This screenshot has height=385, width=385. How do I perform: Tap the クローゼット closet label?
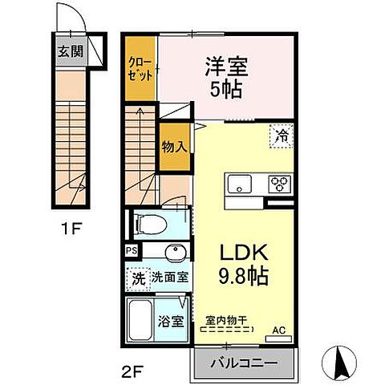140,69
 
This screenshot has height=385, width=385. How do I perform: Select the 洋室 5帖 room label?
226,78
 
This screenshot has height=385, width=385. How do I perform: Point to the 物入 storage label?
174,147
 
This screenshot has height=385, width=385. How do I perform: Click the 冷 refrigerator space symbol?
282,136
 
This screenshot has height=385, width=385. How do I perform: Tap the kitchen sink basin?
239,184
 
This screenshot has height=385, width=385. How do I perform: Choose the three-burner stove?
280,184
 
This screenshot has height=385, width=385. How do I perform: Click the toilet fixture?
150,224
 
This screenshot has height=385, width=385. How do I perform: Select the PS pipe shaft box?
132,251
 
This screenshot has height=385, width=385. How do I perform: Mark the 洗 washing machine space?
139,278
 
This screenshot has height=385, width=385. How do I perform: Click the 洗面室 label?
170,278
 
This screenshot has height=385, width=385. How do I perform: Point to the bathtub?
140,320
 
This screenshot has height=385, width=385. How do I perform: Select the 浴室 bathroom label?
171,322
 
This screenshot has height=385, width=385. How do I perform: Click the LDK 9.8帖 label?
244,264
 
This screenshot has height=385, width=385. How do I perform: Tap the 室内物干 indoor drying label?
226,320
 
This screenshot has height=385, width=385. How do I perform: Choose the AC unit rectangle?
278,339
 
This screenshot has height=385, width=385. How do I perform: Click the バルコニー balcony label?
244,363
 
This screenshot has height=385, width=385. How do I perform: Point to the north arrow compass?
339,363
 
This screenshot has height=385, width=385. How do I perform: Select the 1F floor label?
71,229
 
